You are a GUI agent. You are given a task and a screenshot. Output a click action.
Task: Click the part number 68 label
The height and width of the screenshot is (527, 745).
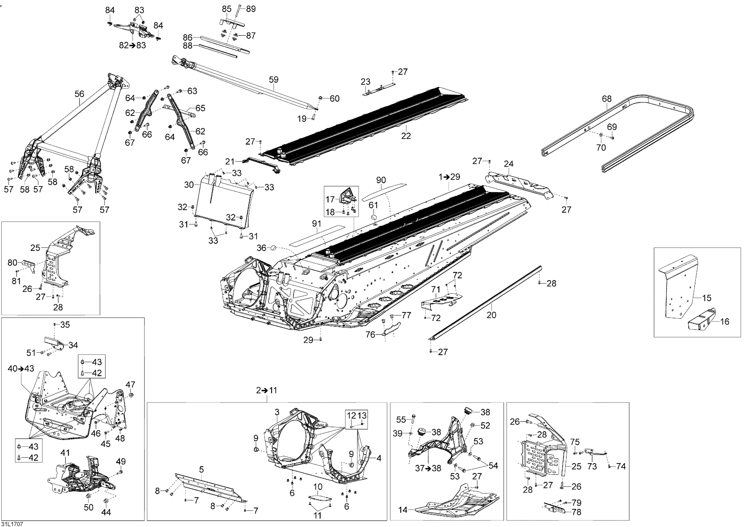tap(606, 99)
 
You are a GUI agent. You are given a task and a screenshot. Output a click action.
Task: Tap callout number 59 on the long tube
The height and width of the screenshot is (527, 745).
tap(273, 80)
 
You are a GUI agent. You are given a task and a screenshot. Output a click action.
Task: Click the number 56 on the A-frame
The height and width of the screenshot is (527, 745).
tap(79, 94)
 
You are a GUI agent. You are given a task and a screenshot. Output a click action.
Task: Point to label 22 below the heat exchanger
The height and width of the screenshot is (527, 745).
tap(406, 136)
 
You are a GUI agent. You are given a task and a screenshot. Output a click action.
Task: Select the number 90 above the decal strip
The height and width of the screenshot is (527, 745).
tap(381, 180)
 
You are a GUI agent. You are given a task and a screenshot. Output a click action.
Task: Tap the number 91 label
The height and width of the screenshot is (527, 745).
tap(316, 223)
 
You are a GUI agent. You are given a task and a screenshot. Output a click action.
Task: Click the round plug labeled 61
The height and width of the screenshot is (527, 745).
tap(374, 216)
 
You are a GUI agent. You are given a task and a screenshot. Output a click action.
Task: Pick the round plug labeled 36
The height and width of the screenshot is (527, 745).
tap(273, 248)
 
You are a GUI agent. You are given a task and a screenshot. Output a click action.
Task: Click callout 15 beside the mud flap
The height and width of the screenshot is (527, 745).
tap(707, 298)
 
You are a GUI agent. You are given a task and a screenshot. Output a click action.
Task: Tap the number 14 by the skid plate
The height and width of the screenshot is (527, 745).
tap(403, 510)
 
